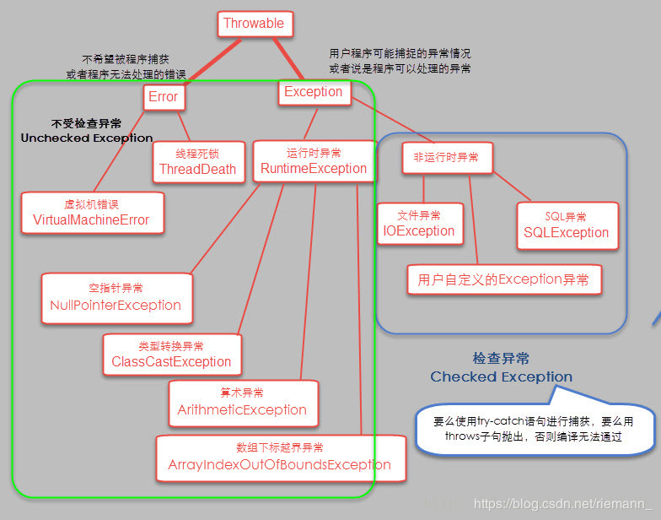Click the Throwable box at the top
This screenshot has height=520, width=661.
pyautogui.click(x=255, y=24)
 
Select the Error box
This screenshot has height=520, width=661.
pyautogui.click(x=164, y=97)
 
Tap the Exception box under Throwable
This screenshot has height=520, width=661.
pyautogui.click(x=314, y=92)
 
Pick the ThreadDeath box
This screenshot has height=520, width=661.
pyautogui.click(x=198, y=161)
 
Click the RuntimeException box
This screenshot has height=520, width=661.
pyautogui.click(x=314, y=161)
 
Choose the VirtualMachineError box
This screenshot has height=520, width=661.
pyautogui.click(x=91, y=213)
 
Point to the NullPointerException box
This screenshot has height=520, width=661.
pyautogui.click(x=116, y=297)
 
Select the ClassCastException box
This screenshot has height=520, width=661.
pyautogui.click(x=171, y=355)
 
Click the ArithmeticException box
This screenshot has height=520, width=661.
pyautogui.click(x=243, y=402)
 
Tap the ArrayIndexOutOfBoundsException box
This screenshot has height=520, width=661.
pyautogui.click(x=278, y=457)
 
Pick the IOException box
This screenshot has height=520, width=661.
pyautogui.click(x=419, y=224)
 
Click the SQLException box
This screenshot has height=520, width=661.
pyautogui.click(x=566, y=225)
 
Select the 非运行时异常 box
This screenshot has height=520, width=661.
pyautogui.click(x=446, y=158)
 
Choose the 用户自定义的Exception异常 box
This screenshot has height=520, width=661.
pyautogui.click(x=504, y=279)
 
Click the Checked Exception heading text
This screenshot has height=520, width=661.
pyautogui.click(x=501, y=376)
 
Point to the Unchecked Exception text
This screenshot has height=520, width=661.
pyautogui.click(x=87, y=138)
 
